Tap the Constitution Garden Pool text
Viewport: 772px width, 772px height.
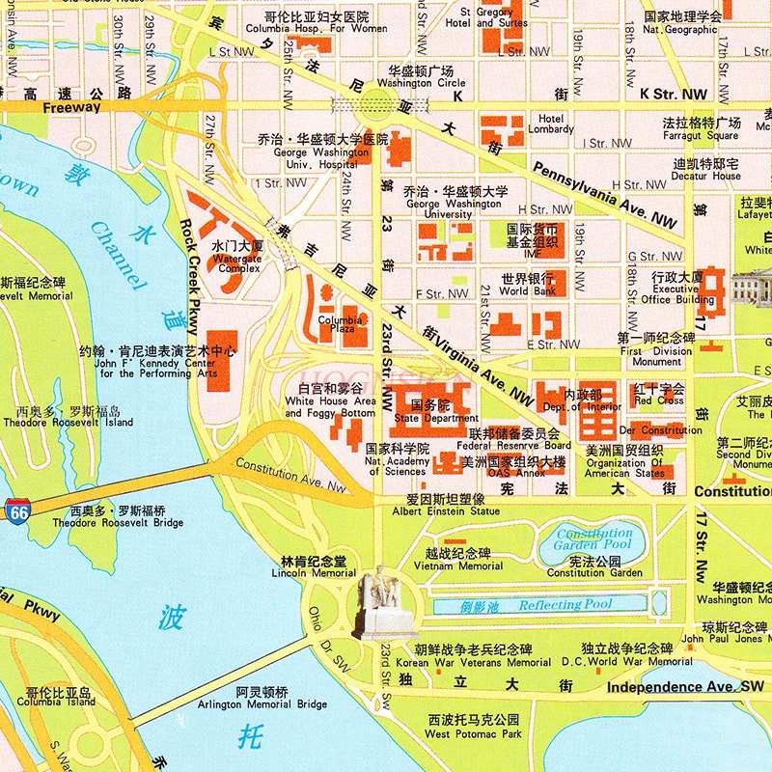coord(593,539)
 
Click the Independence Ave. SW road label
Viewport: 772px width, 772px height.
coord(684,687)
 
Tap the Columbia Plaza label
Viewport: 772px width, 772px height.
coord(340,324)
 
